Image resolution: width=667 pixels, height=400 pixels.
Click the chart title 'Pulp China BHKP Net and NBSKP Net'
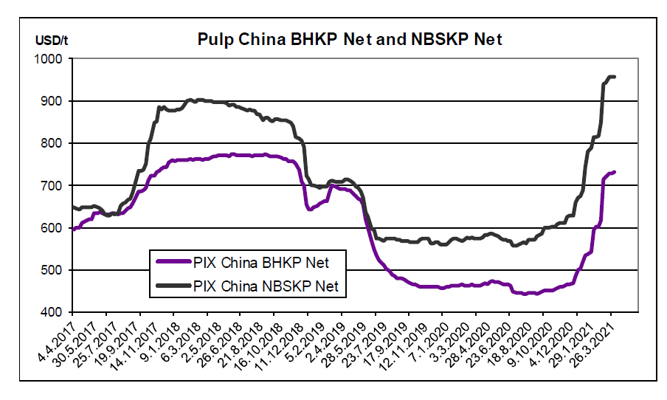[x=350, y=39]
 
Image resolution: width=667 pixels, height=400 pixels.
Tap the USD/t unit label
[x=52, y=38]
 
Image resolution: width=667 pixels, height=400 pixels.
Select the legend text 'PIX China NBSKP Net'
[x=265, y=286]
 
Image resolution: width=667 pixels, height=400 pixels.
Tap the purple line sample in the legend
[x=174, y=262]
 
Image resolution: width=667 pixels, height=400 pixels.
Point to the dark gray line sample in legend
[x=174, y=286]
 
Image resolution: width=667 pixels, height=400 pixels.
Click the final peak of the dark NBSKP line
[x=611, y=76]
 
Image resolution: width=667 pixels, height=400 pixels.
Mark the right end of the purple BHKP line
[x=615, y=172]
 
